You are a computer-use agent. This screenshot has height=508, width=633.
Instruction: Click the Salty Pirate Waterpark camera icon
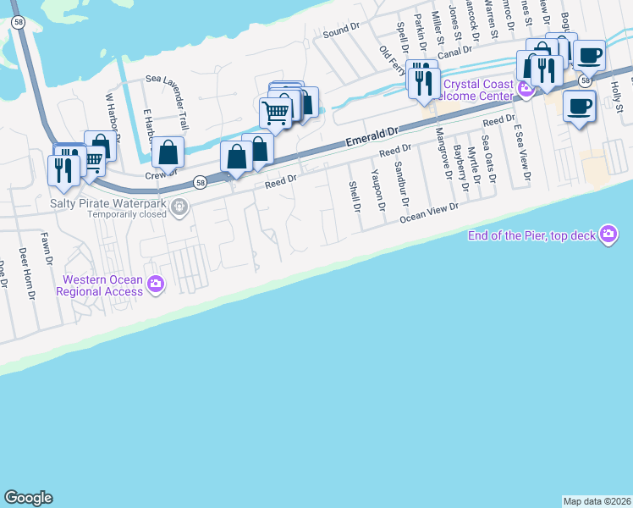pos(179,207)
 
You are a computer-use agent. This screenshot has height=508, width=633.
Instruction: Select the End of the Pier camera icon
pos(608,235)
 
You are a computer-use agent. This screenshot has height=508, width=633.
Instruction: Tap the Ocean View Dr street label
pos(429,212)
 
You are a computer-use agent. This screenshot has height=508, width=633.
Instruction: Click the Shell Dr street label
pos(355,196)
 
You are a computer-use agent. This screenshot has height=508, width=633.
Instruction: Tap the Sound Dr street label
pos(341,32)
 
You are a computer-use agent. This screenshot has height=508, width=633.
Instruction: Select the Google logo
pos(28,498)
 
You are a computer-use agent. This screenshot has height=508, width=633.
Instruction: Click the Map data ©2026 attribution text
pos(597,500)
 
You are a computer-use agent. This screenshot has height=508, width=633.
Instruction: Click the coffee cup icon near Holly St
pos(579,107)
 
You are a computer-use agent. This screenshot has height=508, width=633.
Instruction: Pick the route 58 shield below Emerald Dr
pos(200,181)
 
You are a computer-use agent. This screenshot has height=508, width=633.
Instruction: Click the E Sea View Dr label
pos(523,152)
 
